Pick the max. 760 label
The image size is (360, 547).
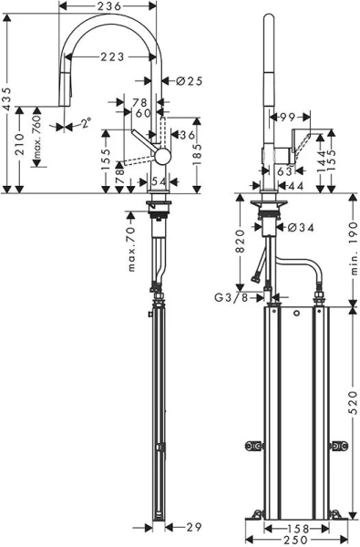37,143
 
